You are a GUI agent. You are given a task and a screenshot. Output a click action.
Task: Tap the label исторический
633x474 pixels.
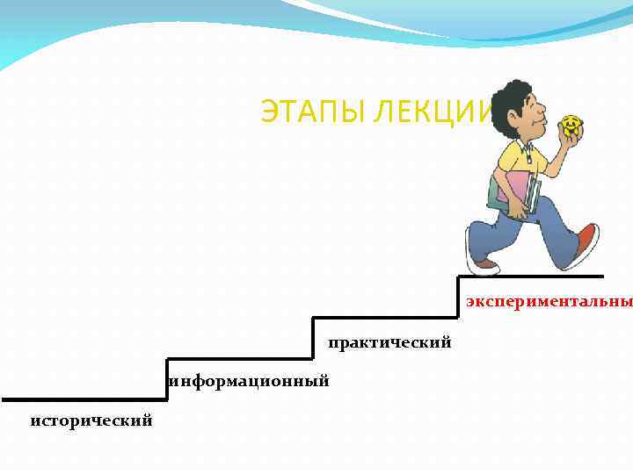(91, 421)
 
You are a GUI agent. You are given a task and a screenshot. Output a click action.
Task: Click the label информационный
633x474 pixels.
(251, 381)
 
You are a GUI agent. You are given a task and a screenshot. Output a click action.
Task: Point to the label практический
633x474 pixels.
(389, 342)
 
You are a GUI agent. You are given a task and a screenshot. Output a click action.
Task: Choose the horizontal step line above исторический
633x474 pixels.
(84, 399)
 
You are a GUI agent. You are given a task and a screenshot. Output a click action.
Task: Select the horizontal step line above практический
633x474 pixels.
(385, 318)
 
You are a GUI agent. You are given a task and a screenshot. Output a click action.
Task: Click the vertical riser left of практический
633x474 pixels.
(313, 338)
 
